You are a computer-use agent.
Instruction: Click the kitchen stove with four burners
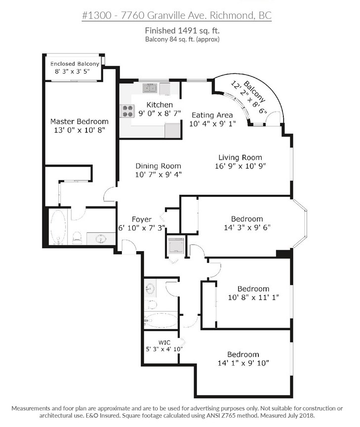(127, 111)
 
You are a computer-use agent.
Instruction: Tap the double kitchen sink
(150, 88)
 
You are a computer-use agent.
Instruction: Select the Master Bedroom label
(80, 122)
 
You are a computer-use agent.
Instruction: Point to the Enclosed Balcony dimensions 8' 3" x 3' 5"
(73, 72)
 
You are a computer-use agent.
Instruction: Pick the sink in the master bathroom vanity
(101, 239)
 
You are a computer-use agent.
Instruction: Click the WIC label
(164, 342)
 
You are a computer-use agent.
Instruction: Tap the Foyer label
(142, 219)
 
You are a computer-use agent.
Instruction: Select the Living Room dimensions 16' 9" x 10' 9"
(240, 166)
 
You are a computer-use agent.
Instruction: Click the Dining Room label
(158, 166)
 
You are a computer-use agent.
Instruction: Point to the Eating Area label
(212, 115)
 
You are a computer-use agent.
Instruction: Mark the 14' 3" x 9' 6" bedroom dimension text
(247, 227)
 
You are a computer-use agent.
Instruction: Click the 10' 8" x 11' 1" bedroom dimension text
(253, 297)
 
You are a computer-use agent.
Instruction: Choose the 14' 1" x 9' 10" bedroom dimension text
(243, 363)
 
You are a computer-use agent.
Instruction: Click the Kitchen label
(160, 105)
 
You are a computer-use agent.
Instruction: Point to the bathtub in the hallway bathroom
(160, 320)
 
